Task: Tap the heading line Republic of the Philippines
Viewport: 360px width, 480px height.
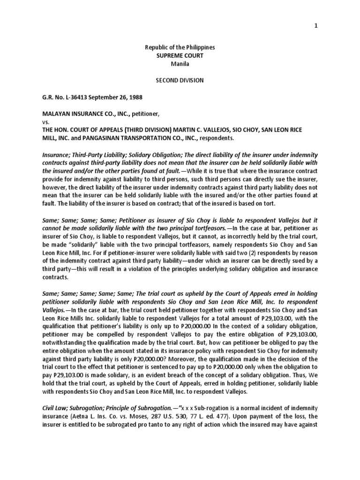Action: click(180, 48)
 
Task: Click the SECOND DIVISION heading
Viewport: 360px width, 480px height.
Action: click(180, 80)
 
